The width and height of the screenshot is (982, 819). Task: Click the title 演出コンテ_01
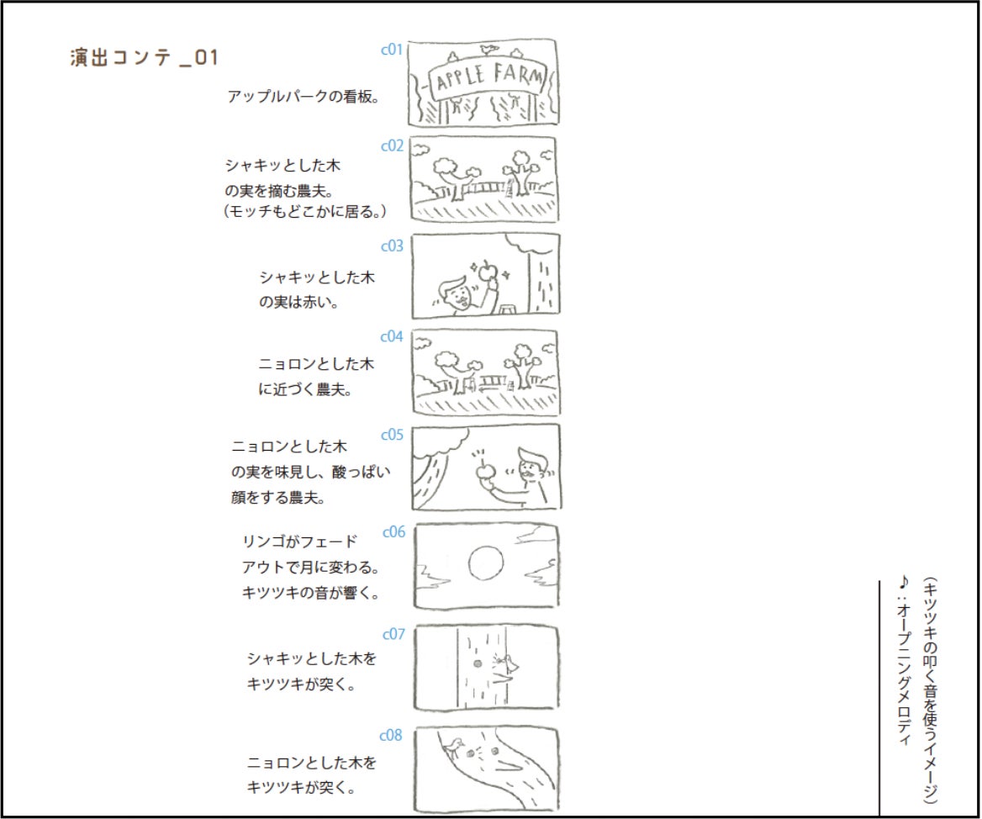(x=144, y=58)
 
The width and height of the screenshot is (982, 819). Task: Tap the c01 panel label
(x=392, y=50)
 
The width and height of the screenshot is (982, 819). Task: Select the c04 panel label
(x=392, y=337)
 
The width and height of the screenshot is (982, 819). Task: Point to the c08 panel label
(x=391, y=735)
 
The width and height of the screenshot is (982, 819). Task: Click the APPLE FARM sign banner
(x=488, y=77)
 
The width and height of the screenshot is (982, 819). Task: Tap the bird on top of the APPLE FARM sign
(x=489, y=49)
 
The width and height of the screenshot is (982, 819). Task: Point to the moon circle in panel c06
(x=486, y=563)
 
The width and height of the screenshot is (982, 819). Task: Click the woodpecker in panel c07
(x=509, y=663)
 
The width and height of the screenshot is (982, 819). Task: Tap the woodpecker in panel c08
(x=454, y=744)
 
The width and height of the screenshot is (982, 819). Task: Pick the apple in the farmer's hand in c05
(x=483, y=471)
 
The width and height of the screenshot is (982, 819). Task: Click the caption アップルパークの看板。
(x=304, y=97)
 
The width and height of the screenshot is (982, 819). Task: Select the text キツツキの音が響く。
(x=311, y=592)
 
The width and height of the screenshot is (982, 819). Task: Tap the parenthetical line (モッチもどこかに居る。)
(x=305, y=212)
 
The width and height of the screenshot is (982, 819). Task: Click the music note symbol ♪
(x=903, y=583)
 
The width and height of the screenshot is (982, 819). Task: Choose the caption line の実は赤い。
(x=299, y=302)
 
